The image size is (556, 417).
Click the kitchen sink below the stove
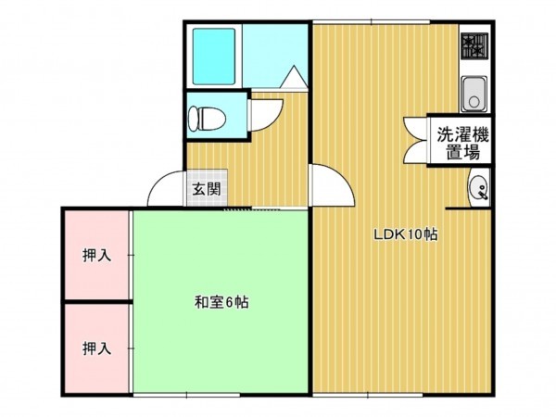474,94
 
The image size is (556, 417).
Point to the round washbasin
478,189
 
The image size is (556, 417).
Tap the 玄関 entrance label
206,190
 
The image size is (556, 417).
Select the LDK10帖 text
405,234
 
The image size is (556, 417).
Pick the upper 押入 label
96,255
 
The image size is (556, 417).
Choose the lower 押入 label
96,348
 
